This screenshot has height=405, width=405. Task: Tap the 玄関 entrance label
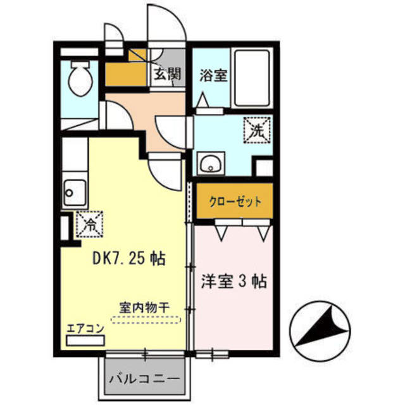coord(166,74)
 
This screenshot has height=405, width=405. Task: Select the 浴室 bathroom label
coord(213,75)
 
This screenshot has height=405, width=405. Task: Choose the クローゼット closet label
coord(235,202)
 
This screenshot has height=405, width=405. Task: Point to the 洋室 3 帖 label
coord(234,280)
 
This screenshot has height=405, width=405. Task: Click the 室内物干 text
coord(144,308)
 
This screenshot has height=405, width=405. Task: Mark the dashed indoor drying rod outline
coord(145,320)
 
